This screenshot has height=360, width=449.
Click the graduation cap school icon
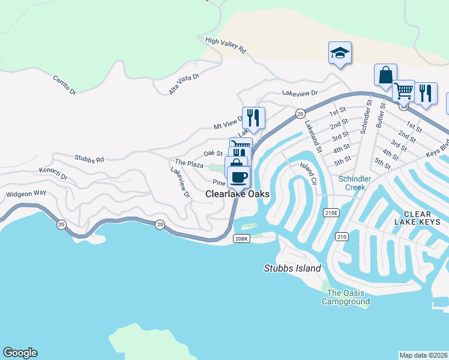click(339, 53)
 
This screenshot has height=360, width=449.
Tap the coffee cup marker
click(238, 177)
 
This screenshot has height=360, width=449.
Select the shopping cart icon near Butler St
click(403, 91)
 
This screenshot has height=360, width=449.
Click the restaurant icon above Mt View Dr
click(253, 118)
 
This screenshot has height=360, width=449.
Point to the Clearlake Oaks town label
click(237, 194)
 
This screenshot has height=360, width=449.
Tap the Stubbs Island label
click(292, 268)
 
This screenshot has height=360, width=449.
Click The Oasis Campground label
click(346, 297)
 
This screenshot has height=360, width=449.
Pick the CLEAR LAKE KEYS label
click(426, 218)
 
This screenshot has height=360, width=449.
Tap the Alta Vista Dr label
click(184, 83)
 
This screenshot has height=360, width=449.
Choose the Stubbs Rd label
click(89, 159)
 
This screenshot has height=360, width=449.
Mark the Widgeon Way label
click(26, 194)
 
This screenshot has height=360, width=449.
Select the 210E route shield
click(331, 212)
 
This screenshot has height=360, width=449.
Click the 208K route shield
click(241, 238)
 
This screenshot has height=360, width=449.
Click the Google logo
click(20, 353)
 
